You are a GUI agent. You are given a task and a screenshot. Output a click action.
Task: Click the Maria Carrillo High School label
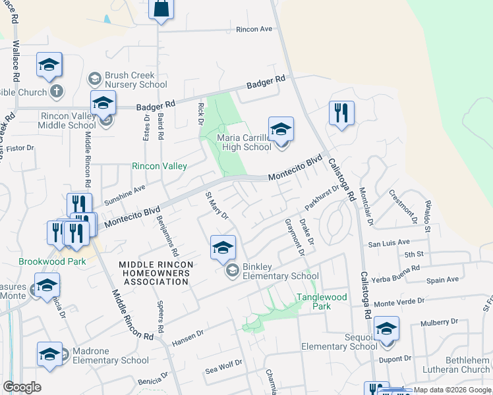tap(244, 143)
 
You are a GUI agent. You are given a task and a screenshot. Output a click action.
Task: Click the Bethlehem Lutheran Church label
tap(458, 364)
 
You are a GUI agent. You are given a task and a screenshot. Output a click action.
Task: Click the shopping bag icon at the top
tap(160, 9)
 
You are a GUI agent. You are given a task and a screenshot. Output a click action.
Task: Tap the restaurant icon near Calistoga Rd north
tap(341, 113)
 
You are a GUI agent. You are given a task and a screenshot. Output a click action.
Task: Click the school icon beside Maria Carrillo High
tap(281, 129)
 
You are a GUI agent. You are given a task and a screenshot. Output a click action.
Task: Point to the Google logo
tap(22, 387)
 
